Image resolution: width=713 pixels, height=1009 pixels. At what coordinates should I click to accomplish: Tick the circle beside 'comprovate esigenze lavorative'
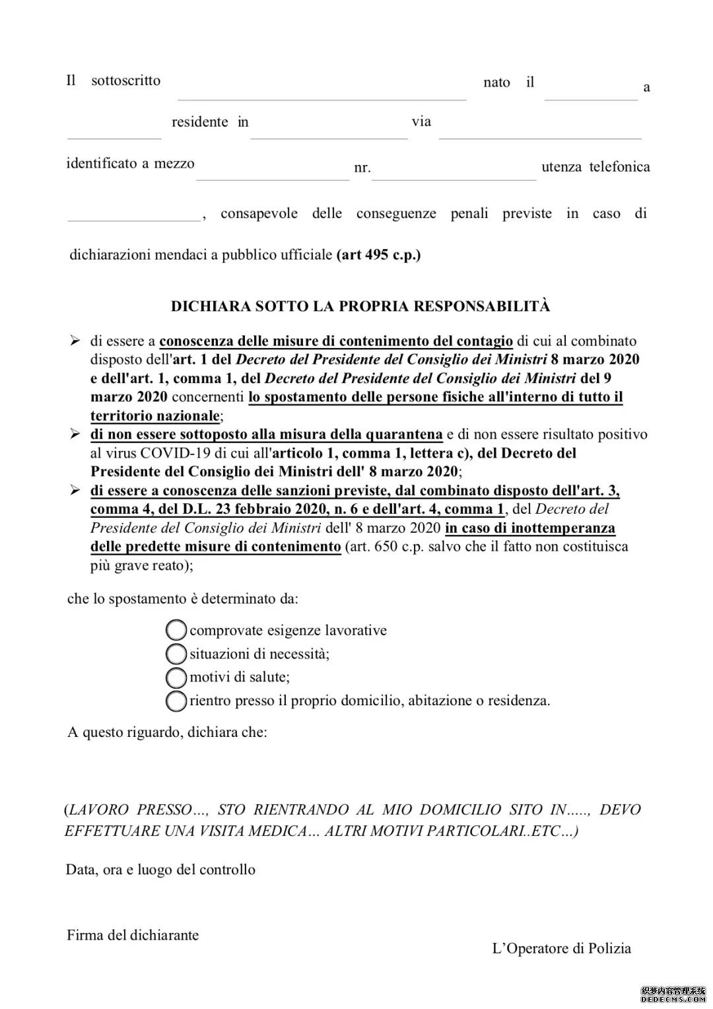(176, 630)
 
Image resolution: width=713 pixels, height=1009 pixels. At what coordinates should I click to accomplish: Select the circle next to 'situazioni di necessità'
(176, 654)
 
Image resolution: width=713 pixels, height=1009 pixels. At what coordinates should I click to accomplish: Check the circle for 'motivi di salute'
(176, 677)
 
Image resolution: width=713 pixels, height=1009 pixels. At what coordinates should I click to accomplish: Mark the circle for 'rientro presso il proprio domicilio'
(176, 701)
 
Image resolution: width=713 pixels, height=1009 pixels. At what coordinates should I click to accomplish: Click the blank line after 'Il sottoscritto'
(322, 92)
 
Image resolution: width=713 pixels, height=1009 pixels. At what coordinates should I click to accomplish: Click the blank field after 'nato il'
(591, 92)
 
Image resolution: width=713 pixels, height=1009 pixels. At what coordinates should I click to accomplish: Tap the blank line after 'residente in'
(329, 131)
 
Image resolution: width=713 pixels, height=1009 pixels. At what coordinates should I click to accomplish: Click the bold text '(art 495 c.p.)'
(378, 255)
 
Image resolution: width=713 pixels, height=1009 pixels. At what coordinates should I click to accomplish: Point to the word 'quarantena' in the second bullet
(403, 435)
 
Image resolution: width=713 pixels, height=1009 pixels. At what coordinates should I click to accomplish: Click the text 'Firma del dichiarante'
(133, 935)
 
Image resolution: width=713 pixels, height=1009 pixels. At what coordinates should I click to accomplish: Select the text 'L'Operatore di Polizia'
(561, 948)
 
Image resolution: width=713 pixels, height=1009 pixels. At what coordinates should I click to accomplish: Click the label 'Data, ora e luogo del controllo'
(160, 869)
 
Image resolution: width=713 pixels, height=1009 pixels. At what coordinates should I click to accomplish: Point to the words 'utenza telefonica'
(595, 167)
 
